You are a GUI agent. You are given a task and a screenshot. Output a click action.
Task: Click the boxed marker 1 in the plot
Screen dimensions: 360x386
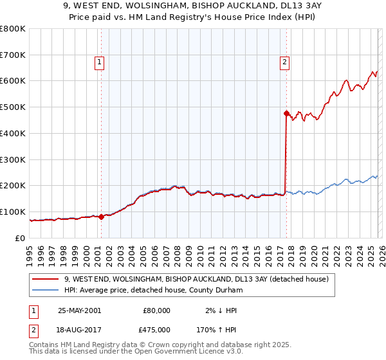pyautogui.click(x=100, y=62)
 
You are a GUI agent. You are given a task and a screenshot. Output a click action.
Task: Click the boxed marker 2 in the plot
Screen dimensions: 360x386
pyautogui.click(x=284, y=62)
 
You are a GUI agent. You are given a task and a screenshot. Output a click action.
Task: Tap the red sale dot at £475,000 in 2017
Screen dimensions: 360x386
pyautogui.click(x=286, y=113)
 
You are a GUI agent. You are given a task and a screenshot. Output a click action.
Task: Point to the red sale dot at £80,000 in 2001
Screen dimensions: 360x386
pyautogui.click(x=102, y=217)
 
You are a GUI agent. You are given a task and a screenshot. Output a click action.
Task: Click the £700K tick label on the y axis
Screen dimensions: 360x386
pyautogui.click(x=13, y=55)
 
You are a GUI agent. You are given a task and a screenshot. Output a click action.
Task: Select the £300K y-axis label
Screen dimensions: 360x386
pyautogui.click(x=13, y=159)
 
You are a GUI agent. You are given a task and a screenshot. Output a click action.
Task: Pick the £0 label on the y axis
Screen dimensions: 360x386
pyautogui.click(x=20, y=238)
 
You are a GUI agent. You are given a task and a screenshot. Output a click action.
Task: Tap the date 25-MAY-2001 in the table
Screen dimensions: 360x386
pyautogui.click(x=79, y=310)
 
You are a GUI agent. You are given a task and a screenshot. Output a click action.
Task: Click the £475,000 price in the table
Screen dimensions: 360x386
pyautogui.click(x=156, y=330)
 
